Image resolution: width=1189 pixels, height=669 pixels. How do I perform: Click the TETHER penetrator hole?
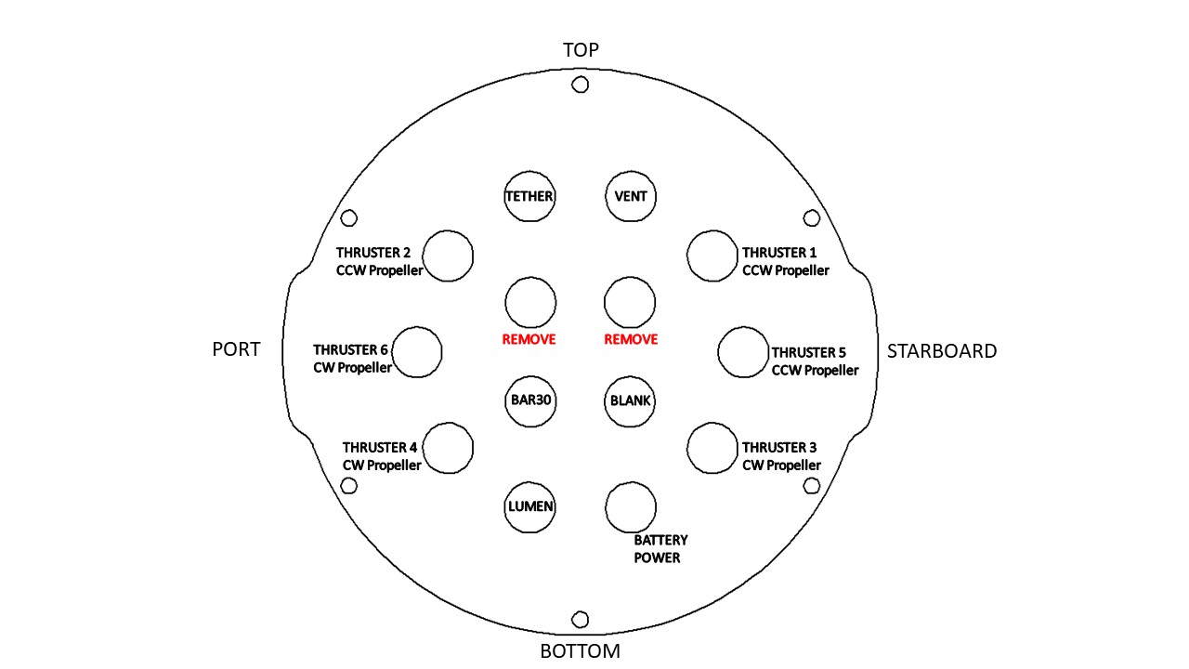529,171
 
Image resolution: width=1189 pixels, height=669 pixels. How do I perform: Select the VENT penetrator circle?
631,171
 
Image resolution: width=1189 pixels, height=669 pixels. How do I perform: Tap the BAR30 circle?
530,376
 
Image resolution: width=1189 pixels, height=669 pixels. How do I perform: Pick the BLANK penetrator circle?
630,376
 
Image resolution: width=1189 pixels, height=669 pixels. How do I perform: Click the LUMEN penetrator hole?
529,482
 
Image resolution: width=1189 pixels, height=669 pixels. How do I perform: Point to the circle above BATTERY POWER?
631,482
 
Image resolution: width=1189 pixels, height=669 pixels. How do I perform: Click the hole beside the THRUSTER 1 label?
712,230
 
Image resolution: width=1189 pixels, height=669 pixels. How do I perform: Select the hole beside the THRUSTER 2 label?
448,230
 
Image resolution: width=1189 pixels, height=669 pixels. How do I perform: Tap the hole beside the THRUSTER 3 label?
712,423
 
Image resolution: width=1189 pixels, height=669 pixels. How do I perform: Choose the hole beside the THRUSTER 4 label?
448,423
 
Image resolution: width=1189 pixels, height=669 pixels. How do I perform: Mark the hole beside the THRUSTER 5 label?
743,327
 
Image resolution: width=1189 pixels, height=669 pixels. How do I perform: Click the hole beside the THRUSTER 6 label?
417,327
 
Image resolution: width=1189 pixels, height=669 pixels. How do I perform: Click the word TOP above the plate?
581,50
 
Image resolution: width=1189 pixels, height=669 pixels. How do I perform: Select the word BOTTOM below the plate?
581,651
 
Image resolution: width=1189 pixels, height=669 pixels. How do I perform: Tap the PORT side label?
236,349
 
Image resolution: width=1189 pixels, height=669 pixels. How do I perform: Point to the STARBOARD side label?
942,351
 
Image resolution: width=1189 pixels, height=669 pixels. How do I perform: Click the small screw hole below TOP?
581,77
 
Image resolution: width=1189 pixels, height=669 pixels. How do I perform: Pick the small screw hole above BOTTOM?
581,611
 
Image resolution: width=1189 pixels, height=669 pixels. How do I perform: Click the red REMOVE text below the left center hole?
529,339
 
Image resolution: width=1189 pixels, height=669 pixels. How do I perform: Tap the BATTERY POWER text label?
660,549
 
